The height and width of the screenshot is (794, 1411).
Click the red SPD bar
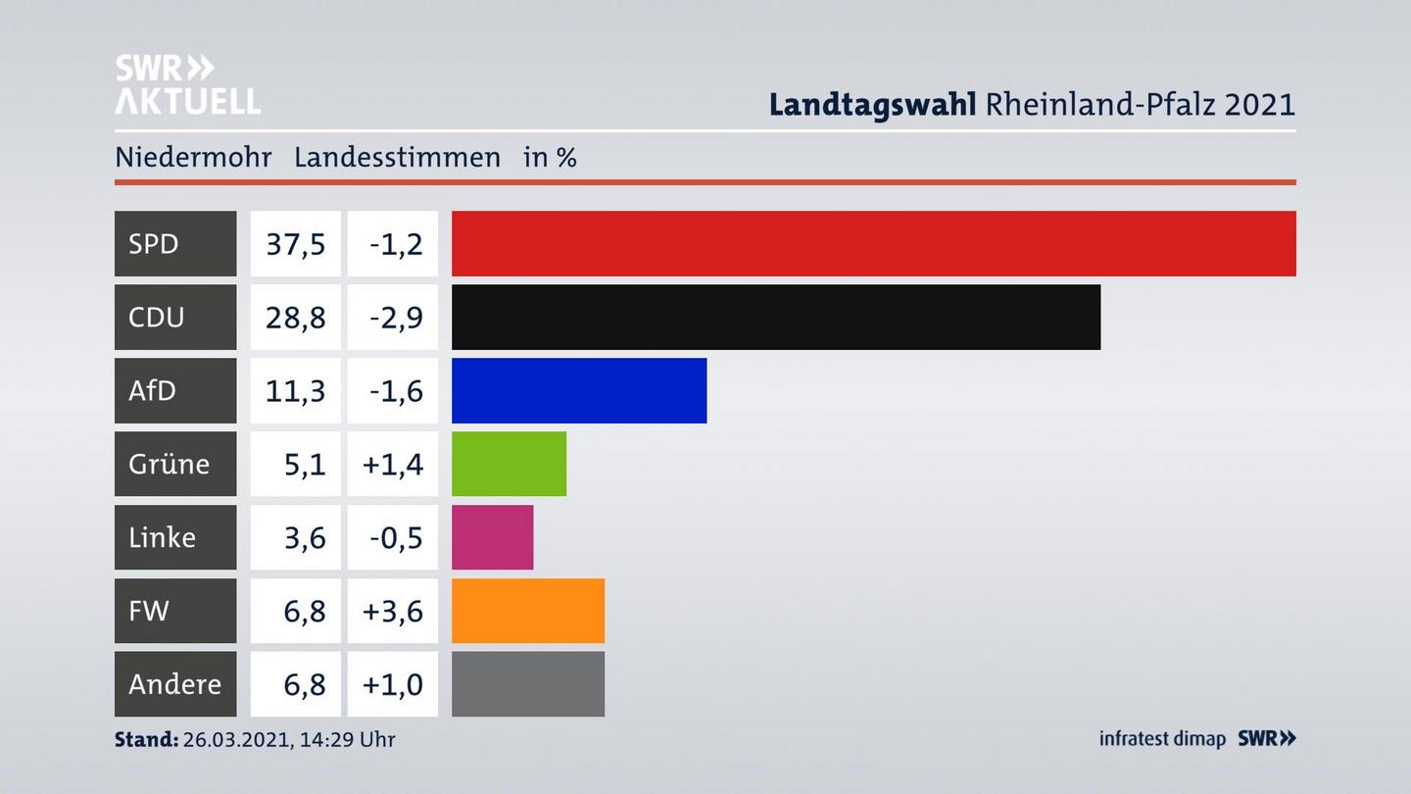[x=873, y=243]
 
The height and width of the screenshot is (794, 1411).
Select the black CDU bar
[x=775, y=317]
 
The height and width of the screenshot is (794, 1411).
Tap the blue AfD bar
[x=578, y=390]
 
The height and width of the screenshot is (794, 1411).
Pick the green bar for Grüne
[x=509, y=464]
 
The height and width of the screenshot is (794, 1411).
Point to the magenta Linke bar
[x=492, y=537]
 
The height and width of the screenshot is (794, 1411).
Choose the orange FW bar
[x=527, y=611]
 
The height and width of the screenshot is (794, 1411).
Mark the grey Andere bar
[x=527, y=683]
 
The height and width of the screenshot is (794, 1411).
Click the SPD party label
[x=154, y=243]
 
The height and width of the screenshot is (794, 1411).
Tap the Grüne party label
[x=169, y=464]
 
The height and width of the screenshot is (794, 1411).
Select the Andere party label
[x=174, y=683]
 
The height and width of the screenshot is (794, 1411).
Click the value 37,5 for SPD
[x=295, y=243]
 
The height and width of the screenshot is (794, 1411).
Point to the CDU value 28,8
[x=295, y=317]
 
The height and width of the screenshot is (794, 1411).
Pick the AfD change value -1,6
[x=396, y=390]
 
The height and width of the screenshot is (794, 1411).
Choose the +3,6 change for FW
[x=392, y=611]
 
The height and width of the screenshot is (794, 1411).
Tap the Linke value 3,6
[x=304, y=537]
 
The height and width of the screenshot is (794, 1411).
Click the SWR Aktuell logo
[x=187, y=84]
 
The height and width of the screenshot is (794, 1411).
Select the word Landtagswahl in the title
[x=872, y=104]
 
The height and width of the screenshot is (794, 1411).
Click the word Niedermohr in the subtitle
[x=193, y=157]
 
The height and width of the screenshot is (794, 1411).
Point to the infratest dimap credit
[x=1162, y=738]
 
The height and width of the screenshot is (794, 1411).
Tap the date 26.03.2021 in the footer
[x=236, y=739]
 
